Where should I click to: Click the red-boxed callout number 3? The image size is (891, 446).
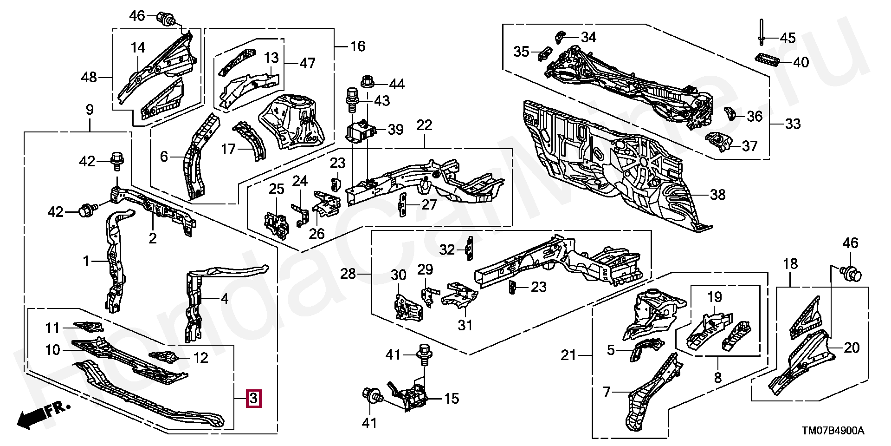pos(253,398)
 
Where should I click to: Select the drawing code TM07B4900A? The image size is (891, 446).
pos(830,431)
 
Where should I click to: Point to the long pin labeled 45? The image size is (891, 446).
pos(762,33)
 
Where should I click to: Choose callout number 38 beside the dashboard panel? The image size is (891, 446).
pos(717,194)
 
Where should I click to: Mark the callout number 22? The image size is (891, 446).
pos(424,125)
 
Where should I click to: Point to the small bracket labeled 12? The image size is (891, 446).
pos(164,357)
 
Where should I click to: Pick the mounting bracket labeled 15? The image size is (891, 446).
pos(411,396)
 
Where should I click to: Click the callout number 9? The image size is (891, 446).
pos(90,110)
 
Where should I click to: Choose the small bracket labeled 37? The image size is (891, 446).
pos(718,142)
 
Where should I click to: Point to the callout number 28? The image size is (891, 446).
pos(348,274)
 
